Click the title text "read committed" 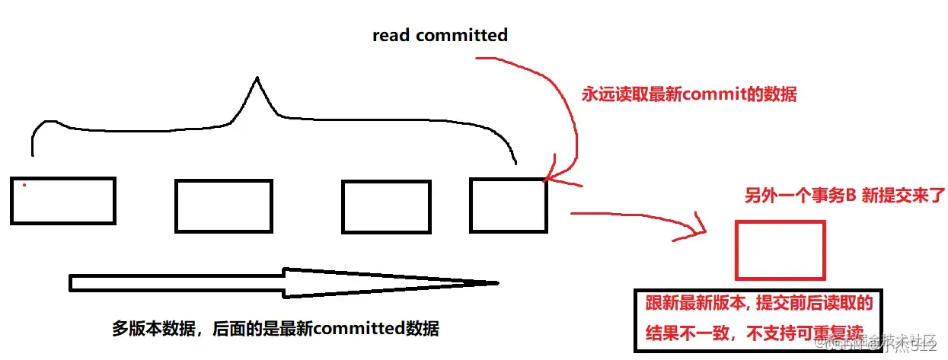(x=439, y=35)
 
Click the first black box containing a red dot (x=63, y=201)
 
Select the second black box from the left (x=223, y=205)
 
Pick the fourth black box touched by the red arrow (x=508, y=205)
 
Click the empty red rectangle (x=780, y=250)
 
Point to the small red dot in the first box (x=24, y=184)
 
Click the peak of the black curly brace (x=257, y=79)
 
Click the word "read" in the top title (x=391, y=35)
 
